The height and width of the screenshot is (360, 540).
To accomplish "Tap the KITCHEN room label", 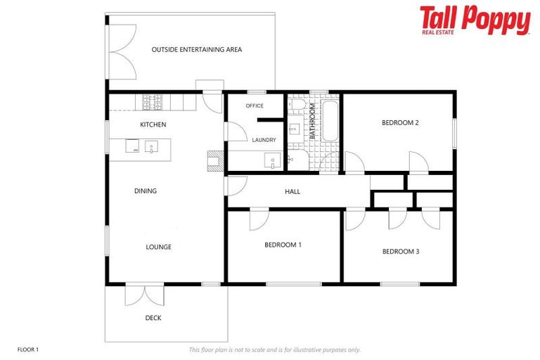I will tap(153, 124).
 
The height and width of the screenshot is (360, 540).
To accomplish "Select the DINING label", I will tap(146, 191).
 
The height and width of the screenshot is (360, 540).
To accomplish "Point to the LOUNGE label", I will tap(158, 247).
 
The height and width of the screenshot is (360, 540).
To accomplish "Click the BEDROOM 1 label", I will tap(283, 245).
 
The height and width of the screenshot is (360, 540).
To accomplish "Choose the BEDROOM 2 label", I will tap(400, 122).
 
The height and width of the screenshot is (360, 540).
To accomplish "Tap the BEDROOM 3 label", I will tap(401, 251).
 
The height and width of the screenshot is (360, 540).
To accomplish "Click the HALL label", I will tap(292, 191).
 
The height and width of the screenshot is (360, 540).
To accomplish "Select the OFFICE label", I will tap(254, 106).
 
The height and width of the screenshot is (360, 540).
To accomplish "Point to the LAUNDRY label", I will tap(264, 140).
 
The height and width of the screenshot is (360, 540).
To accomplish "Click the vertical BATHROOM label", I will tap(313, 122).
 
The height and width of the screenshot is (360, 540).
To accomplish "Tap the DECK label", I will tap(153, 318).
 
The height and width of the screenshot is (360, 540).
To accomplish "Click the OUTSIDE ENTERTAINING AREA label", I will tap(197, 49).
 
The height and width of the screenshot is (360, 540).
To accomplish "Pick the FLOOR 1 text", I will tap(28, 349).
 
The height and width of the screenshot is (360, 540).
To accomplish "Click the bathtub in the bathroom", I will tap(330, 121).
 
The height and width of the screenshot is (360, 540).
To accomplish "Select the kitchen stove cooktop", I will tap(153, 103).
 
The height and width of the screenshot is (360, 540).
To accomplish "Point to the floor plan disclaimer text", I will tap(274, 349).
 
